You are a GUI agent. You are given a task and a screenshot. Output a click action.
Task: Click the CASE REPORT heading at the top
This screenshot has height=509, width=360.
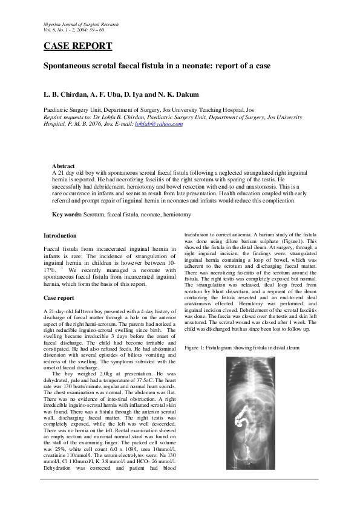[x=77, y=47]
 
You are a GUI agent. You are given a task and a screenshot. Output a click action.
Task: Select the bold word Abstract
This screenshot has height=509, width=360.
[x=64, y=166]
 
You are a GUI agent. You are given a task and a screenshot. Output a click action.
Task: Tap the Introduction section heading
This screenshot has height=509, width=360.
[x=61, y=236]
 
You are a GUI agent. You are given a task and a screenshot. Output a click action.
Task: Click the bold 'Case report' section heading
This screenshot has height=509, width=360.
[x=59, y=298]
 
